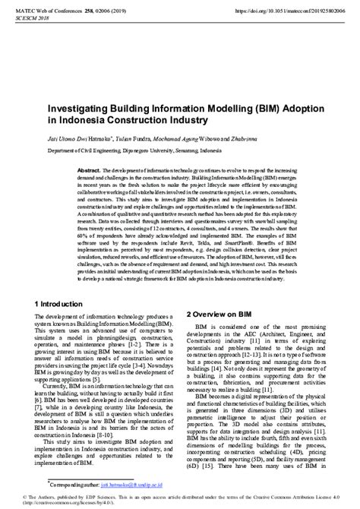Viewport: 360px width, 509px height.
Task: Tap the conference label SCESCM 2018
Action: (x=22, y=20)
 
